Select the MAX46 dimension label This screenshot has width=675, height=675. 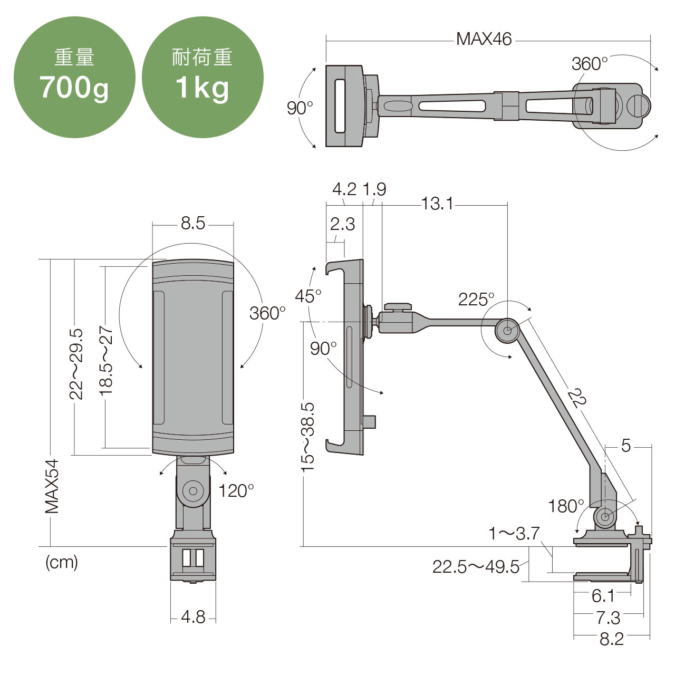pos(484,39)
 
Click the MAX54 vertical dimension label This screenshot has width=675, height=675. pos(52,486)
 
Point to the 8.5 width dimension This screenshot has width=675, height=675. pos(192,223)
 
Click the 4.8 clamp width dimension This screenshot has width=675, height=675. pos(192,616)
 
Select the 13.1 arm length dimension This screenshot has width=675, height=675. pos(437,203)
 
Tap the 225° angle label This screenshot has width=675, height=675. pos(476,300)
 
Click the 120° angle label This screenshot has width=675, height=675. pos(236,491)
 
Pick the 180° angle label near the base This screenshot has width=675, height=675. pos(565,506)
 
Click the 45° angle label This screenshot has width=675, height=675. pos(307,296)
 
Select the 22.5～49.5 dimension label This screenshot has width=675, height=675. pos(476,567)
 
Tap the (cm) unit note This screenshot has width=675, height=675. pos(62,562)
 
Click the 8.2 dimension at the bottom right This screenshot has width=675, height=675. pos(611,639)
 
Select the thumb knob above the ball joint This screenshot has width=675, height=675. pos(398,306)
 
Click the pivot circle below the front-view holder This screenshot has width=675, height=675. pos(193,491)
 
